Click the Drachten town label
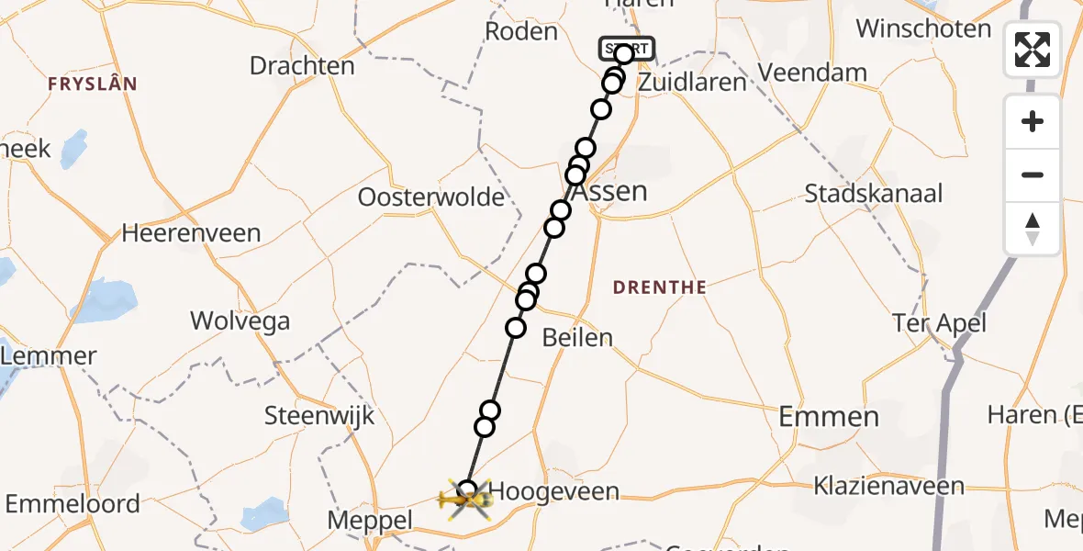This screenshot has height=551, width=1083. (302, 66)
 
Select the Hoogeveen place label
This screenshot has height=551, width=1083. (553, 492)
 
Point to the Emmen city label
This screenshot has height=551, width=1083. (829, 417)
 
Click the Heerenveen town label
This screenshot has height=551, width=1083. (191, 233)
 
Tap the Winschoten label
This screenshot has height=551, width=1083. (923, 28)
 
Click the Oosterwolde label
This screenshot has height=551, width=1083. (431, 197)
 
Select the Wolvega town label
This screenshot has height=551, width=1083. (240, 320)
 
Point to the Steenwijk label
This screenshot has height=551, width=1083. (319, 415)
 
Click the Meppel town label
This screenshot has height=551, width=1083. (370, 521)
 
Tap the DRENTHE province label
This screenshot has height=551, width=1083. (660, 287)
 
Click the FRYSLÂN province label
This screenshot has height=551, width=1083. (93, 84)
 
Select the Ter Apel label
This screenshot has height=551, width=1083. (939, 322)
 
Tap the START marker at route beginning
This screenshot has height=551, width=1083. (627, 49)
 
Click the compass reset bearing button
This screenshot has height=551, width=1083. (1033, 229)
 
